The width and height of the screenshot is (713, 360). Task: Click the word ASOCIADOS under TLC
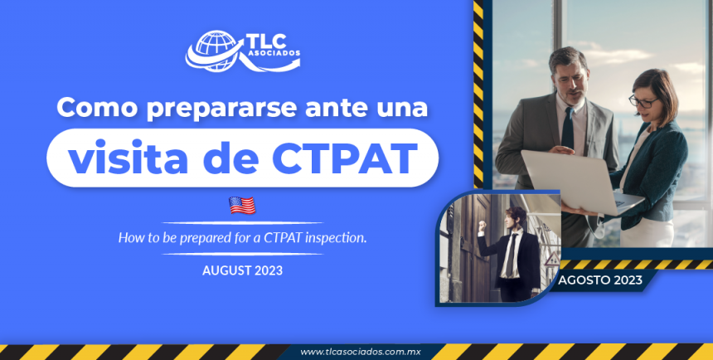pos(273,57)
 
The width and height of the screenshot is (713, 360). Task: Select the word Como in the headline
pos(93,108)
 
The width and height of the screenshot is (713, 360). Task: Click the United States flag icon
pos(242,205)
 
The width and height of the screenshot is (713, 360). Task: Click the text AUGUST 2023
pos(242,270)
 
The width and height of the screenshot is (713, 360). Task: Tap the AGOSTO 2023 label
pos(599,280)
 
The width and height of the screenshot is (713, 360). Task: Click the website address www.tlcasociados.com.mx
pos(361,352)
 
